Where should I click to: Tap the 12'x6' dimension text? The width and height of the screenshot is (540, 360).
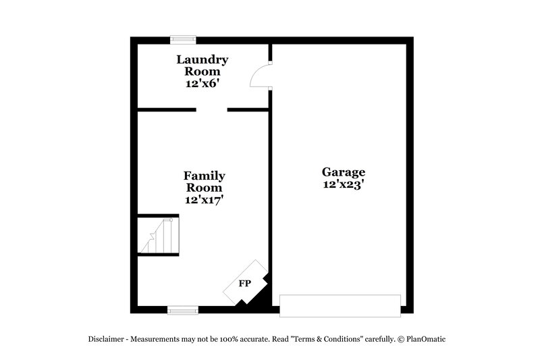[203, 84]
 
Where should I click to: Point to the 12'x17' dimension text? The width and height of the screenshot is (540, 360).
[204, 200]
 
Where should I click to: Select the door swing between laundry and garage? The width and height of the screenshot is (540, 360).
[261, 75]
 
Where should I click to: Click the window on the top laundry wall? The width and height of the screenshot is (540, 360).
[182, 39]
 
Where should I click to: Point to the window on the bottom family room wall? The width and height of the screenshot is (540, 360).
[182, 310]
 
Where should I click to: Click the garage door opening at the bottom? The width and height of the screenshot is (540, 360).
[340, 305]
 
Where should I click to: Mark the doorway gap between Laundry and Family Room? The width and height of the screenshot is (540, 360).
[211, 109]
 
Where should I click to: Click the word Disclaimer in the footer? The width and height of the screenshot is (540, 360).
[106, 339]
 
